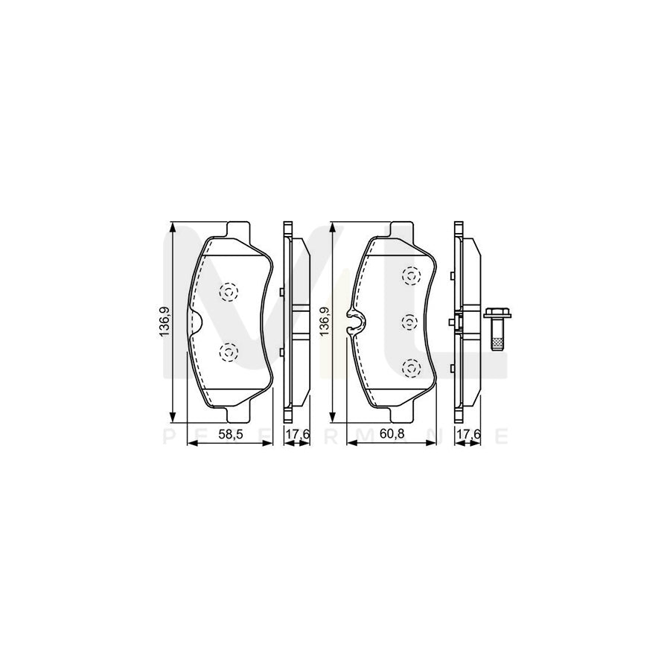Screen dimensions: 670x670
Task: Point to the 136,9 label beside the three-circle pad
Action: click(x=324, y=321)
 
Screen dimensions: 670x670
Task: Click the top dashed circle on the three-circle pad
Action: click(x=409, y=276)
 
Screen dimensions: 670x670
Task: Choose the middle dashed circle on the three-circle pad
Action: click(x=409, y=322)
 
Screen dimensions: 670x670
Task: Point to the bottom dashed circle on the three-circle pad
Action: click(x=409, y=367)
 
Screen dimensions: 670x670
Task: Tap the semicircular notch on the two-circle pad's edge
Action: click(x=198, y=321)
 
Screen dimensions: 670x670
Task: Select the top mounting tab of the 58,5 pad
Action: click(x=238, y=228)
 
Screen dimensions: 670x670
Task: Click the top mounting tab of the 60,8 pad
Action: click(x=400, y=228)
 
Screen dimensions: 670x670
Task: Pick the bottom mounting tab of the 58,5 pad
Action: click(x=238, y=414)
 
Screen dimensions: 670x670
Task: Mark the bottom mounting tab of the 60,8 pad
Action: click(x=400, y=414)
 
